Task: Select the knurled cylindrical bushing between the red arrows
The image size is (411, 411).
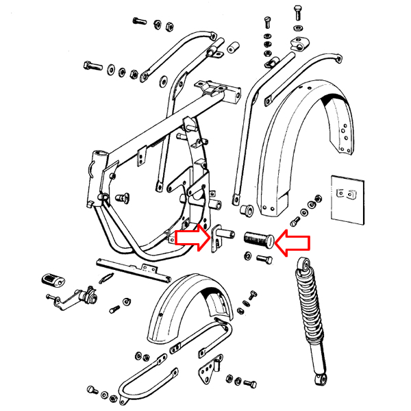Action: point(258,240)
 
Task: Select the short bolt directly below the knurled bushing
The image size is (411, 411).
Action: point(264,259)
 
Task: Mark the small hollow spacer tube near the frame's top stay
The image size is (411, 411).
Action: point(233,47)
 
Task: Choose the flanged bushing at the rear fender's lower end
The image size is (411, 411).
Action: point(246,208)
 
